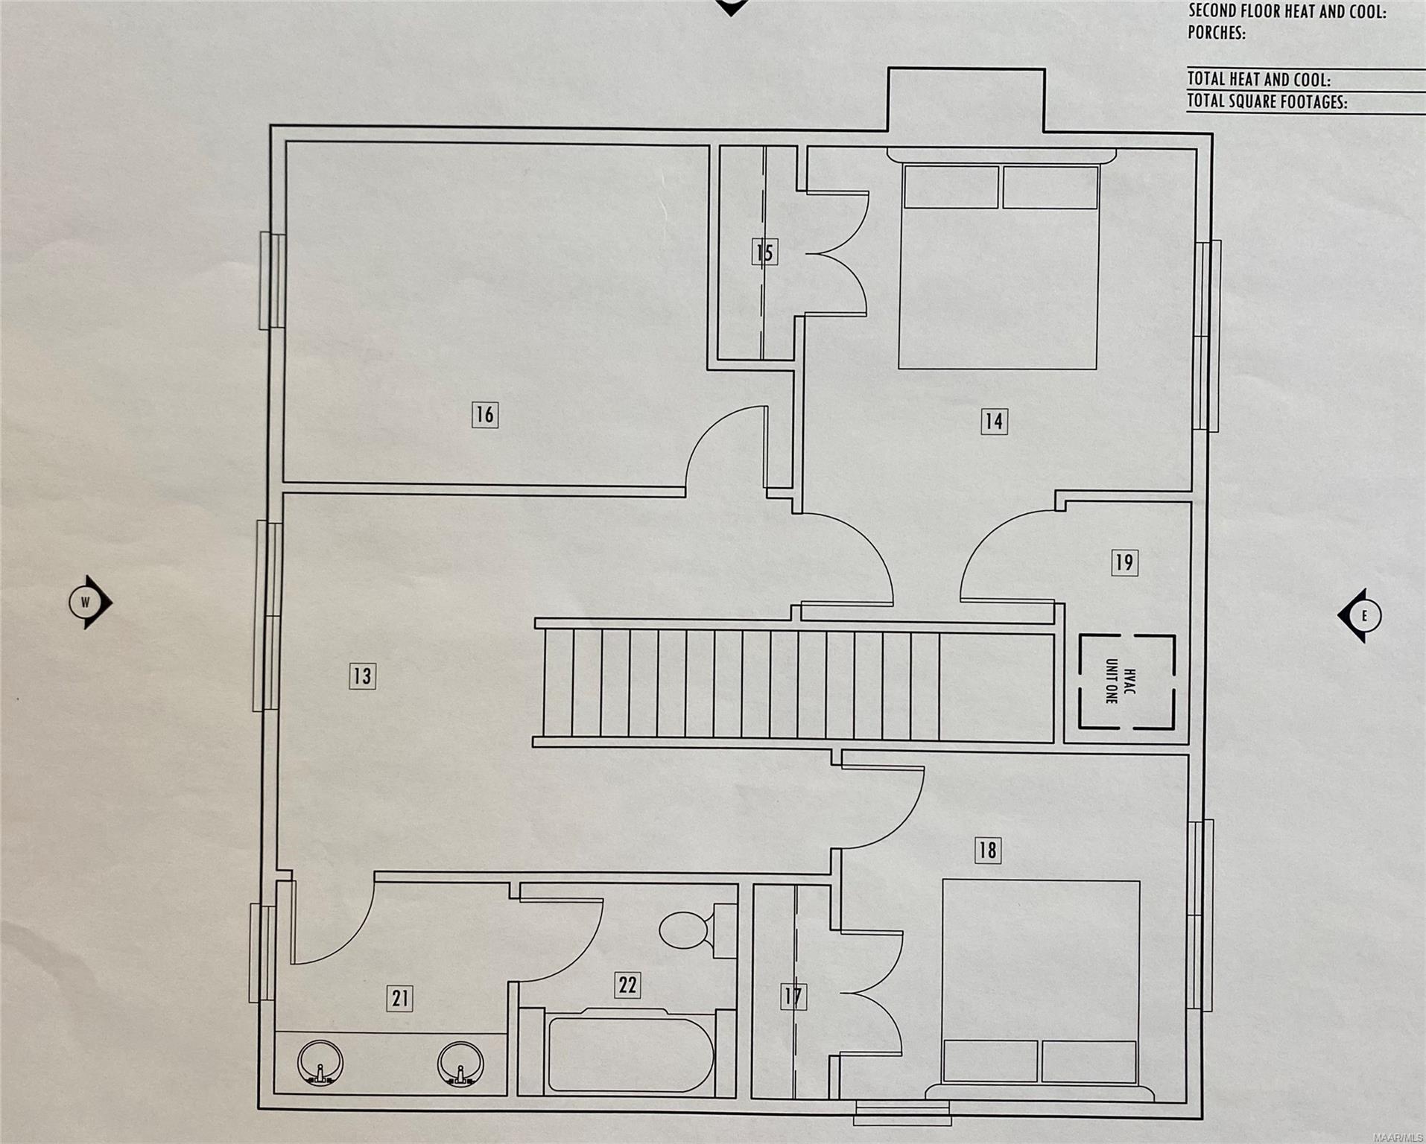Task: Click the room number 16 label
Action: (484, 415)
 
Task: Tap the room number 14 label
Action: (994, 422)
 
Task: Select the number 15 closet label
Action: (764, 252)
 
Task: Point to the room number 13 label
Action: (362, 676)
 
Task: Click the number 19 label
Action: (1124, 562)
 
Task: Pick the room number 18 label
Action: (988, 851)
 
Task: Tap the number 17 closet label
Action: (793, 997)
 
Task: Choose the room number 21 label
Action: (400, 998)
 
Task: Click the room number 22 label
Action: (627, 985)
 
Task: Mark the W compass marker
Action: (87, 603)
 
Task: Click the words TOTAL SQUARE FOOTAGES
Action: (1267, 103)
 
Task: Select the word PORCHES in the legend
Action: (1217, 34)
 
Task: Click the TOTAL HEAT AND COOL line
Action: (1258, 80)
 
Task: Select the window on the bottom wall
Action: (903, 1114)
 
